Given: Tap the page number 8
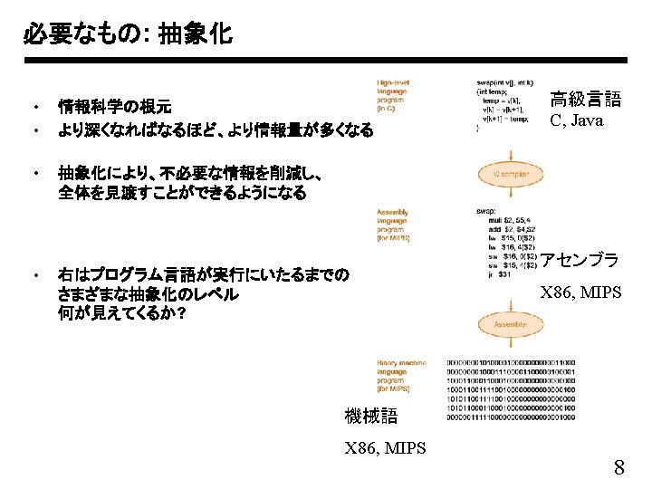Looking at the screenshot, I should coord(619,468).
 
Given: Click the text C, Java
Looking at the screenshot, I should coord(576,120).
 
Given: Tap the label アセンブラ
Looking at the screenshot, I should coord(580,261).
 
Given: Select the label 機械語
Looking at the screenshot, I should coord(371,417).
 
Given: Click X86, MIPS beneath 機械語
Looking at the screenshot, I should coord(386,446).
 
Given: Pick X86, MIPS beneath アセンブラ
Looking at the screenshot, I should coord(580,292).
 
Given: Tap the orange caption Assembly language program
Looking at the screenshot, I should coord(393,225).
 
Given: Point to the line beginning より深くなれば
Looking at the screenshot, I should coord(216,130).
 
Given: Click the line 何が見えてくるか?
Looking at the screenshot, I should coord(122,313).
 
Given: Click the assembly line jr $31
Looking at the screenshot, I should coord(499,274).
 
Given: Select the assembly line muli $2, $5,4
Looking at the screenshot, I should coord(513,220).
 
